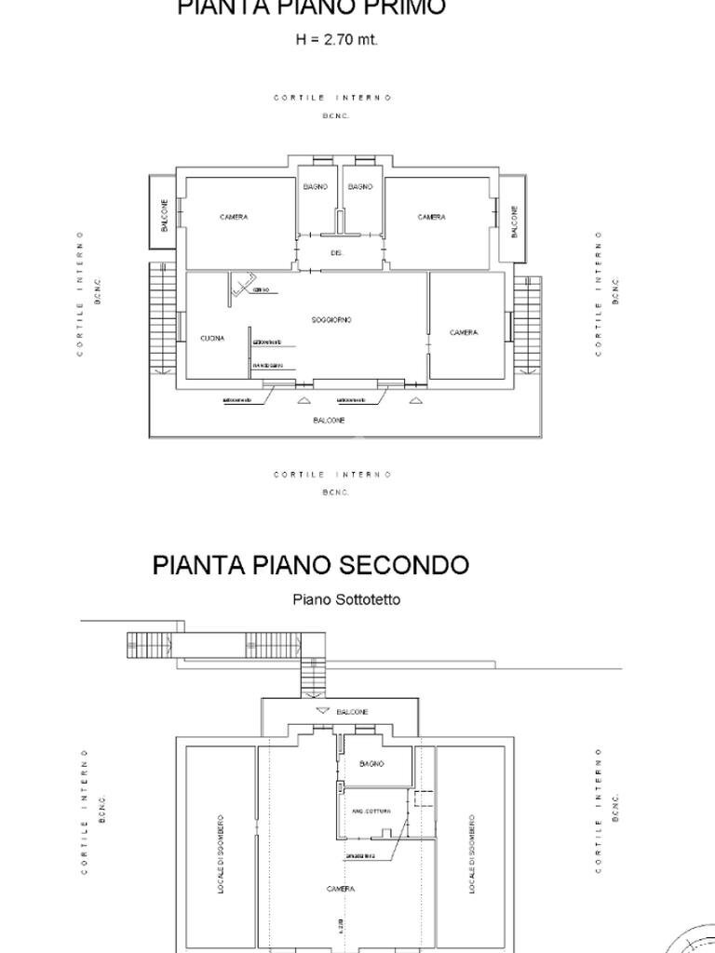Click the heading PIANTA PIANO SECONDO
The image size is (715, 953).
tap(311, 565)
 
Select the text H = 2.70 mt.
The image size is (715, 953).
tap(336, 40)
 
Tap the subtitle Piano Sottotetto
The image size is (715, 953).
tap(346, 599)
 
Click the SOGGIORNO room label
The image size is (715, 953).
tap(331, 319)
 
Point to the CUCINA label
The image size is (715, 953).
tap(212, 339)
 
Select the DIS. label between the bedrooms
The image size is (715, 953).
tap(336, 253)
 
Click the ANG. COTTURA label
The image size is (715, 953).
tap(371, 812)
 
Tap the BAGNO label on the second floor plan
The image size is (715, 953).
tap(371, 764)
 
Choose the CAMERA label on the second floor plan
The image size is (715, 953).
tap(341, 890)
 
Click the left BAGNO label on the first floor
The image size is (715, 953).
tap(316, 187)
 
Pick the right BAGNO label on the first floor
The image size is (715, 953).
tap(360, 187)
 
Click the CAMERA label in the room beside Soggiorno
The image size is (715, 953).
tap(464, 332)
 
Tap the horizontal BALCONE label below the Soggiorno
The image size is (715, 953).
tap(329, 421)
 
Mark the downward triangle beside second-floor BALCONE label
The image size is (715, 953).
tap(323, 711)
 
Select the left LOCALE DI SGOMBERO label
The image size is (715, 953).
tap(222, 856)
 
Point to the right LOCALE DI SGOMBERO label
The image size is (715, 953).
tap(472, 856)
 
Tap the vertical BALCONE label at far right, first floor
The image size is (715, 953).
tap(514, 221)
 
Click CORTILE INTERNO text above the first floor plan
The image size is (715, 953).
tap(332, 98)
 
